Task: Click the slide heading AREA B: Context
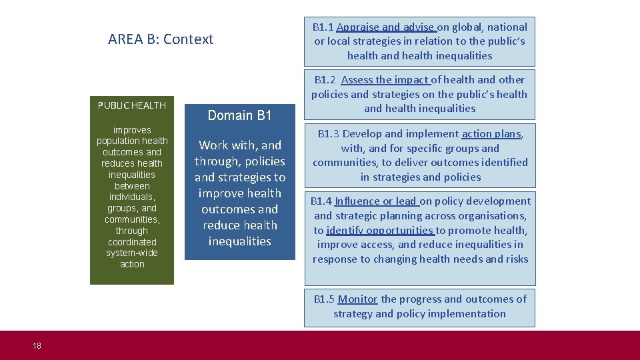161,39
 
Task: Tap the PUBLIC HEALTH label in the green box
132,105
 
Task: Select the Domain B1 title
239,115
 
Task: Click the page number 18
37,345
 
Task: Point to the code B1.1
323,27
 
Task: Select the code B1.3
329,134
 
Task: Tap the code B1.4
321,201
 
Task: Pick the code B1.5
325,299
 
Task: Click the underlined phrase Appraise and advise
386,27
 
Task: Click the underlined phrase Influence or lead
377,201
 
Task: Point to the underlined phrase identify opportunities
380,231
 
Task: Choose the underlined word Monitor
357,299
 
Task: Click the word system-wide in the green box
132,253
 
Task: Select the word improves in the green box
132,130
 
